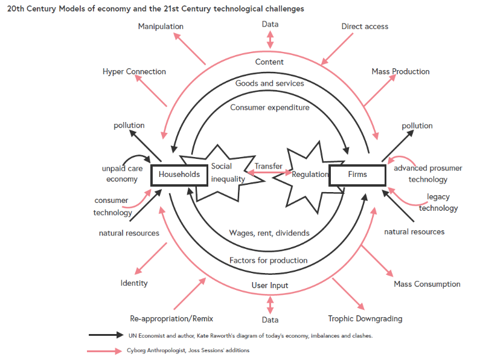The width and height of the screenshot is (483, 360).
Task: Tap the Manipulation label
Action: (161, 27)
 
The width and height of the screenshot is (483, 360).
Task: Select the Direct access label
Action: (365, 27)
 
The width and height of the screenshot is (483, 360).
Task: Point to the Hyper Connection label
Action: (134, 71)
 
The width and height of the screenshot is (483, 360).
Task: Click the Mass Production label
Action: (400, 71)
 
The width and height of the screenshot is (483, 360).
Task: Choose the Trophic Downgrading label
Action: (365, 319)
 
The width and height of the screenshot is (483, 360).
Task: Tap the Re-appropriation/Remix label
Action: (171, 319)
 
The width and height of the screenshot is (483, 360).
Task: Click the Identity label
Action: (134, 283)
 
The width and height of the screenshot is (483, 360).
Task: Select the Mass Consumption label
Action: (427, 284)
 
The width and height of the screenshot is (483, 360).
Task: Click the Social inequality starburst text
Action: (228, 173)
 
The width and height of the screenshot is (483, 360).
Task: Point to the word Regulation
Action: (310, 175)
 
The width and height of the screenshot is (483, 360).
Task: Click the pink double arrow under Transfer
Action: (270, 173)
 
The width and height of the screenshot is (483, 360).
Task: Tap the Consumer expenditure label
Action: (269, 108)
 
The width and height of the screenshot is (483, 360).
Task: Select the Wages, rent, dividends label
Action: (269, 233)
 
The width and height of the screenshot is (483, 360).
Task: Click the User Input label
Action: (270, 286)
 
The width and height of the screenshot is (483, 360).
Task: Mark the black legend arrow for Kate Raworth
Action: (106, 335)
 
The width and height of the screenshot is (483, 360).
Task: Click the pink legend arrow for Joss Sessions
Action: (104, 351)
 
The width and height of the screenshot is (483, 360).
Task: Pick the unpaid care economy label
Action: (123, 174)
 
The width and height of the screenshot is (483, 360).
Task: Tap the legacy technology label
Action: (438, 202)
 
